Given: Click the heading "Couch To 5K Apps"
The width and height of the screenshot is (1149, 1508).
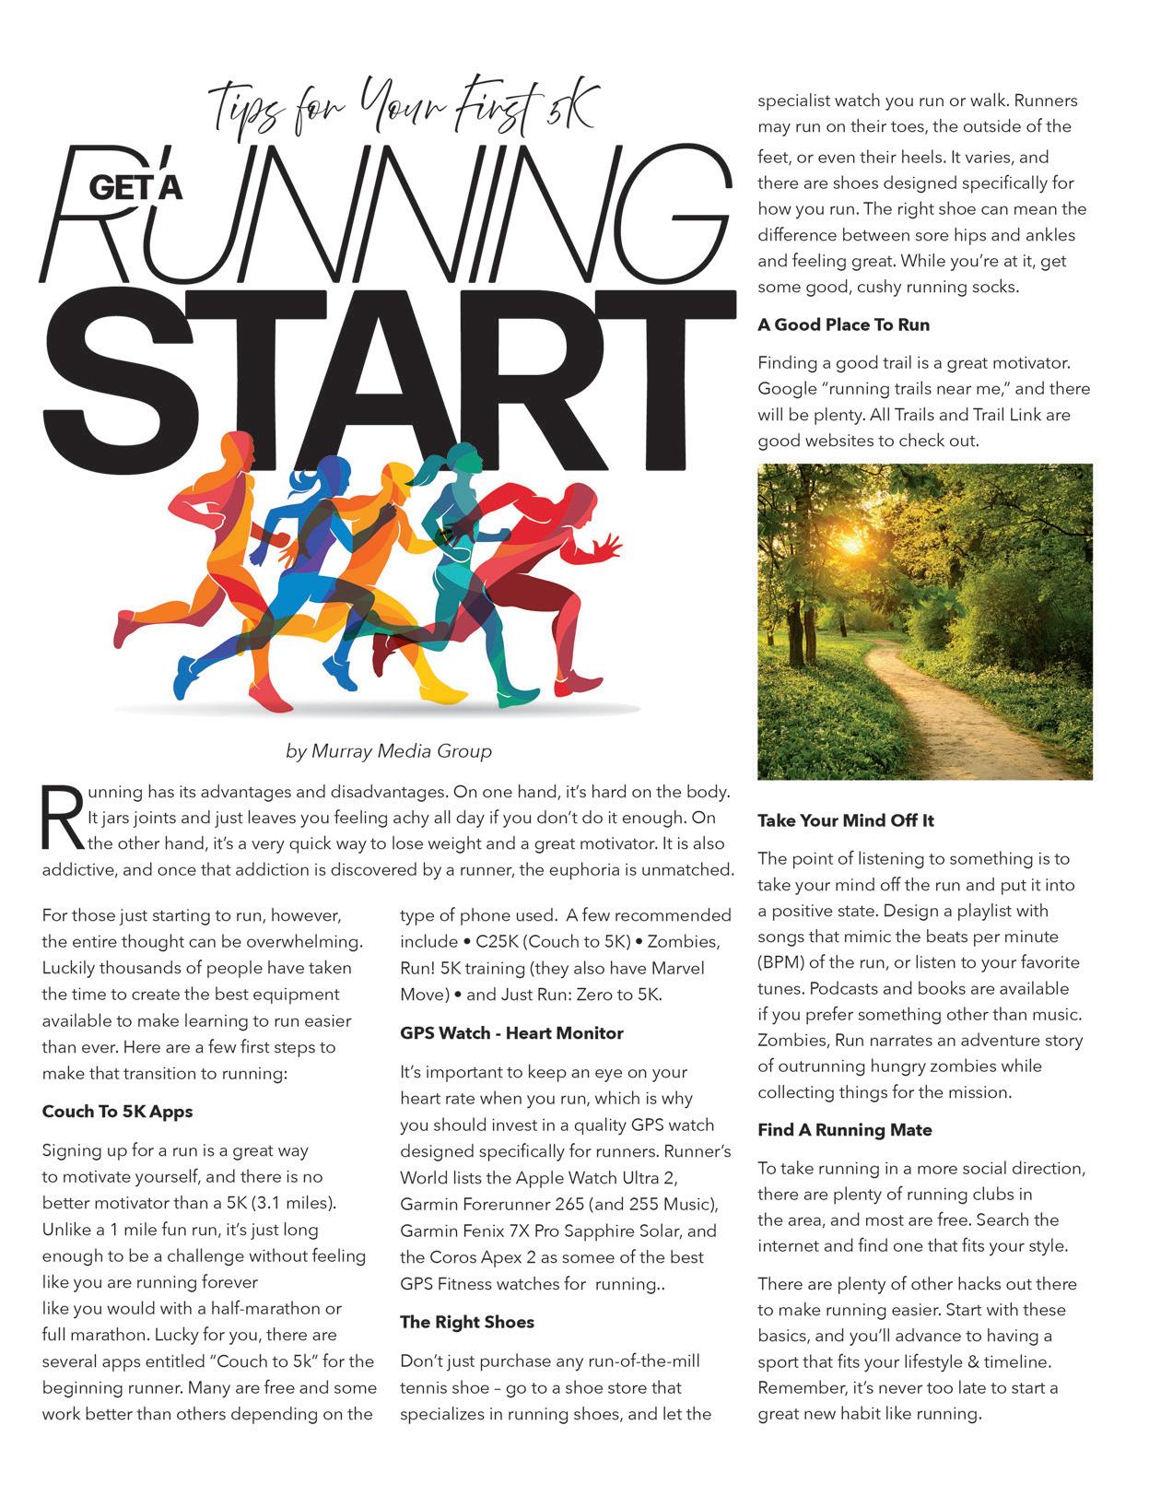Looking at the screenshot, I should (117, 1112).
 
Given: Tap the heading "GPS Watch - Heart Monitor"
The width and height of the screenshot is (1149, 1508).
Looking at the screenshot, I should (511, 1033).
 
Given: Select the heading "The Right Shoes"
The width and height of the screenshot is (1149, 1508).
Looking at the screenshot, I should (467, 1322).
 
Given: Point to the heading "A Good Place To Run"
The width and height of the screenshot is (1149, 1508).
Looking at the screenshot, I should (843, 324).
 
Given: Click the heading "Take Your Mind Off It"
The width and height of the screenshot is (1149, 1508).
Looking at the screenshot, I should (846, 820).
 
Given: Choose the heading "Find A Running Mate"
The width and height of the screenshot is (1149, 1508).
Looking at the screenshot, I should (845, 1130).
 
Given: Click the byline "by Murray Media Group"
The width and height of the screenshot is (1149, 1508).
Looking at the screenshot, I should (389, 751).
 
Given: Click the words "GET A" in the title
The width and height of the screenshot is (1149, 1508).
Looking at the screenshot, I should (135, 187).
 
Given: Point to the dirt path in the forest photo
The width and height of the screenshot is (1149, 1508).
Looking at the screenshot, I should (958, 701).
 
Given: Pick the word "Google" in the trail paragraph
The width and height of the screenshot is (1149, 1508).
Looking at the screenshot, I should (789, 389).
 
